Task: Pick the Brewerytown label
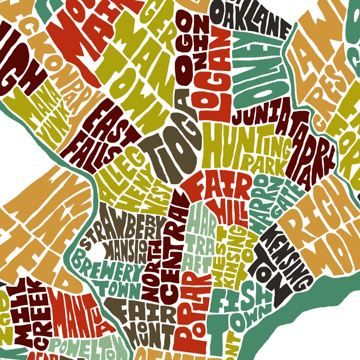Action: (x=107, y=273)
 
